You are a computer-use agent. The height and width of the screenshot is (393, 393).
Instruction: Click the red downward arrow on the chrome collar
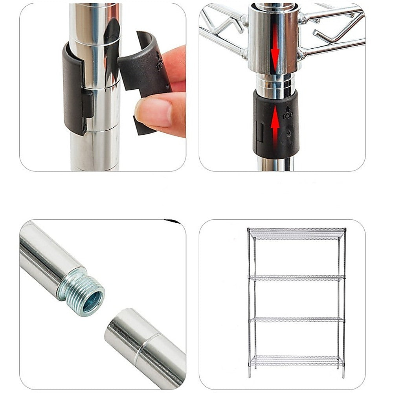[275, 49]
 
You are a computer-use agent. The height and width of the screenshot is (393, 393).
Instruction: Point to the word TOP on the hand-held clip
[160, 63]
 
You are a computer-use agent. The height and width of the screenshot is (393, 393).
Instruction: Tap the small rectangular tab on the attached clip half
[88, 103]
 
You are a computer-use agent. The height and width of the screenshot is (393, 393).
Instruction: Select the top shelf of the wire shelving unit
[297, 233]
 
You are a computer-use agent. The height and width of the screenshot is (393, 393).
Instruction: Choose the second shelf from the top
[297, 278]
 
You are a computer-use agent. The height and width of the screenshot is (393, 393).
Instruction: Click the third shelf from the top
[297, 320]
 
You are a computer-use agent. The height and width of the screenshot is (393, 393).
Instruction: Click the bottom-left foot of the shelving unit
[250, 375]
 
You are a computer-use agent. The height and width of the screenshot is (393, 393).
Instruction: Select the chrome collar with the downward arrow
[274, 39]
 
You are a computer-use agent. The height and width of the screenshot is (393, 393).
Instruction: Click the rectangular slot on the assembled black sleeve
[260, 131]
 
